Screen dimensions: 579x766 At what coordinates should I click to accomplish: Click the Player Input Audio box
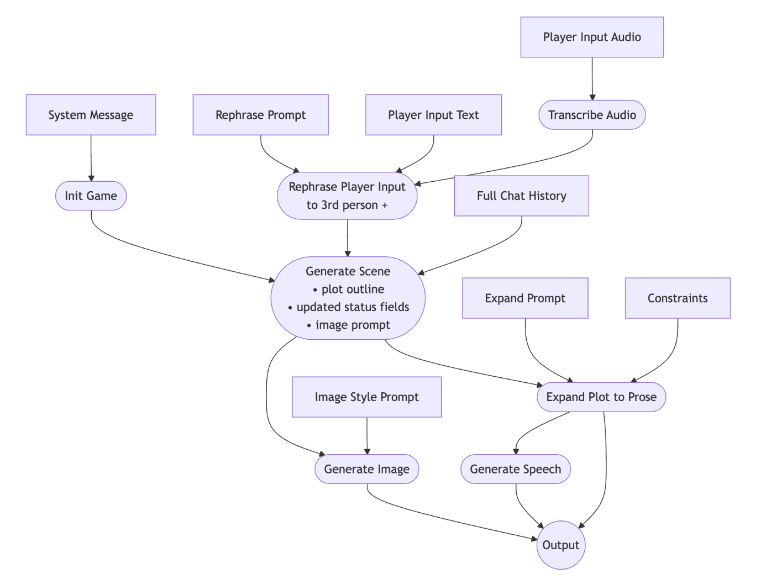click(x=592, y=37)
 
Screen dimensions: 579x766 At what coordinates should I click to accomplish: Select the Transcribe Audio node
click(x=592, y=115)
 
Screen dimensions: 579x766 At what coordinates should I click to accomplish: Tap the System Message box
click(x=91, y=115)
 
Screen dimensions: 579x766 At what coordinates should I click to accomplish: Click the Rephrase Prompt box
click(x=260, y=115)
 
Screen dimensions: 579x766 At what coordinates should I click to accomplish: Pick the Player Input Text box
click(x=433, y=115)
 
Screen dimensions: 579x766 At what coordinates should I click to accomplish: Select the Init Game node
click(x=91, y=196)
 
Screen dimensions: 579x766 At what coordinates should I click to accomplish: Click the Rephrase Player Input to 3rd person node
click(x=347, y=196)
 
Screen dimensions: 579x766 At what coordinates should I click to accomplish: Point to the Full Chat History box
click(x=521, y=196)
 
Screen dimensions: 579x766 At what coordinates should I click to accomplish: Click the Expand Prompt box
click(x=525, y=298)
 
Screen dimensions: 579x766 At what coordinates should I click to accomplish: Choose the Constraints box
click(x=678, y=298)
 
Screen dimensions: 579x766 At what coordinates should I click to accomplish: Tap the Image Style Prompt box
click(x=366, y=397)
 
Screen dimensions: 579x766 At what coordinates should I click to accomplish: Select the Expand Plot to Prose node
click(x=601, y=397)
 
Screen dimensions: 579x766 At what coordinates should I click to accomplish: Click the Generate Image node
click(x=366, y=469)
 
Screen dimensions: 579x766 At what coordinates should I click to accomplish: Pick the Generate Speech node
click(x=515, y=469)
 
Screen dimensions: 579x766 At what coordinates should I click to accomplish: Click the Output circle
click(x=560, y=545)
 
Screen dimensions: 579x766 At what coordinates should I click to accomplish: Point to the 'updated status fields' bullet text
click(x=353, y=307)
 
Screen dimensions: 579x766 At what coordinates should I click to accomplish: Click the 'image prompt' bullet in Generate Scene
click(x=353, y=325)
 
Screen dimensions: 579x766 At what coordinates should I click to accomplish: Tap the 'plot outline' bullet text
click(x=353, y=289)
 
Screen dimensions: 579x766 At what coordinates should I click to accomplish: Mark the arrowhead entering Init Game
click(x=91, y=178)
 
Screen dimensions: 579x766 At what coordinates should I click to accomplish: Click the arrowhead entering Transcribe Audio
click(x=592, y=97)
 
